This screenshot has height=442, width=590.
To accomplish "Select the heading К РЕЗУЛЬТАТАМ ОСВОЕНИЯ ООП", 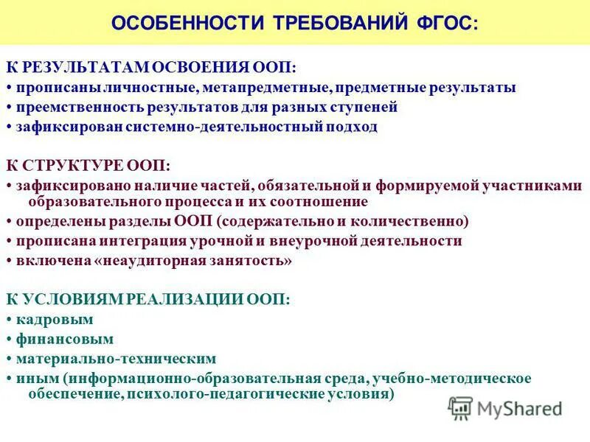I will [152, 68].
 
